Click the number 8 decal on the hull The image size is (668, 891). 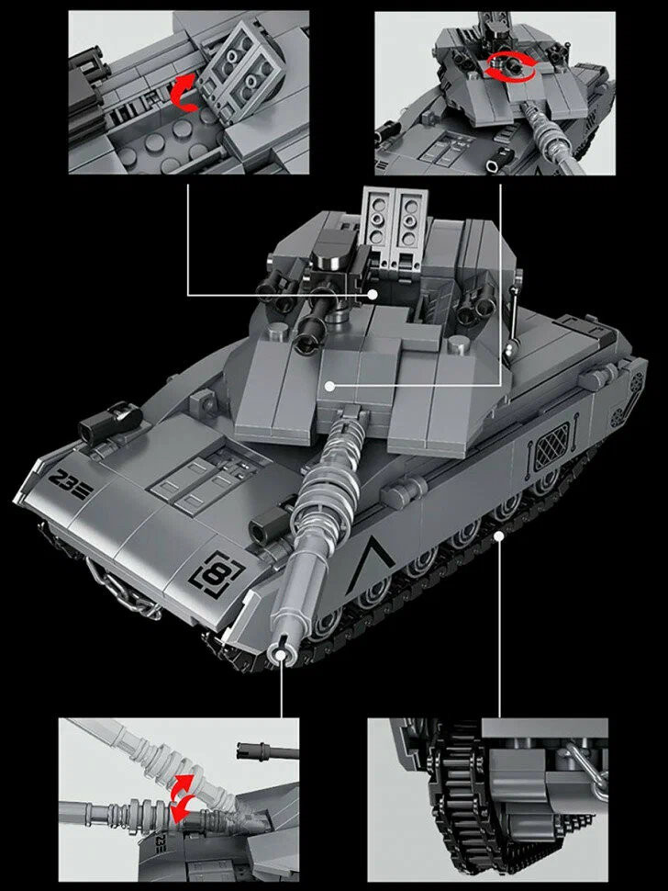217,574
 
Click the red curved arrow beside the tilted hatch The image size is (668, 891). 185,93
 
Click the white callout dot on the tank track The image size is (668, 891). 499,536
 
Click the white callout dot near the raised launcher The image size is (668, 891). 373,294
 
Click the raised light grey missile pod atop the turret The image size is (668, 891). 395,225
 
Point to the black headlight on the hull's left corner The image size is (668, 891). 109,423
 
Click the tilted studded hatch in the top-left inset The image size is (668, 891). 240,71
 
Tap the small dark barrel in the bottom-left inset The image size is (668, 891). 267,751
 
